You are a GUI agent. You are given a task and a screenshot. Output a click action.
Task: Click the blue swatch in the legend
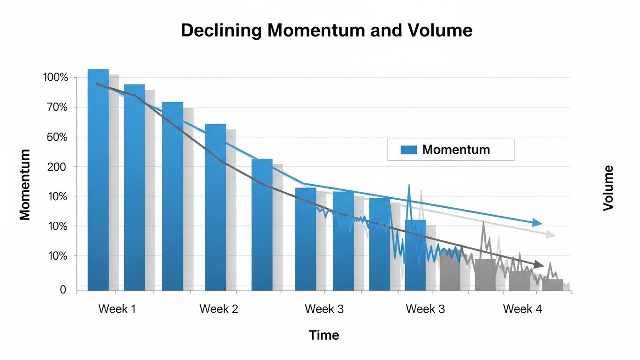tap(409, 150)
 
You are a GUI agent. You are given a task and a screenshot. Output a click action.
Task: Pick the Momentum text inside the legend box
tap(456, 150)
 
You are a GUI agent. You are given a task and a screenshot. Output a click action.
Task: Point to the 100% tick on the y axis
tap(55, 77)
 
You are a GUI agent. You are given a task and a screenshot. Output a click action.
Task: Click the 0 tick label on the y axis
tap(63, 290)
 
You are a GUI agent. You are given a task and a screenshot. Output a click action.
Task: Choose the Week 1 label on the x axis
tap(117, 309)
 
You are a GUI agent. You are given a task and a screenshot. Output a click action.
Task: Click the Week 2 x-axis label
tap(218, 309)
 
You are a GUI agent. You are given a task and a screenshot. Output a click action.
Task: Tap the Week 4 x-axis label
tap(522, 309)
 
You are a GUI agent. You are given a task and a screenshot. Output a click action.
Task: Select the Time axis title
tap(324, 335)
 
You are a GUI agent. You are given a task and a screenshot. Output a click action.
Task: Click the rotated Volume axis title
tap(608, 188)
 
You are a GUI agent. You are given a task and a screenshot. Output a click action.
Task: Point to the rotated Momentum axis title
tap(25, 185)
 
